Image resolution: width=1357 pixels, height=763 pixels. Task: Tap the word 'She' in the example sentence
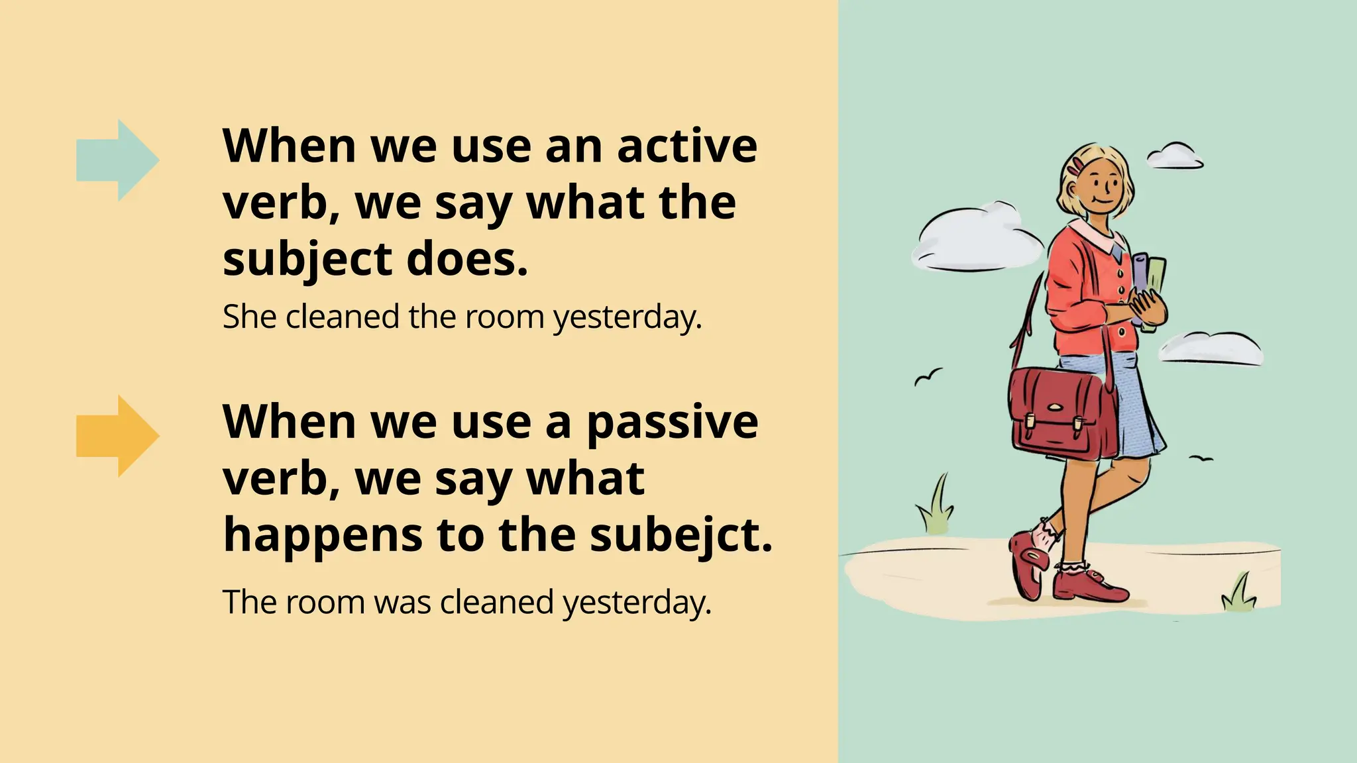[249, 317]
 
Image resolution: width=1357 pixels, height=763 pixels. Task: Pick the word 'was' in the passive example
[402, 603]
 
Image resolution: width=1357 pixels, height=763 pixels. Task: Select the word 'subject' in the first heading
[308, 260]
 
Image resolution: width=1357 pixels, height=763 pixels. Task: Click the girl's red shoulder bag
[1060, 414]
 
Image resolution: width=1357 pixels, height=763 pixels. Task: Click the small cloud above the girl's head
[1174, 156]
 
